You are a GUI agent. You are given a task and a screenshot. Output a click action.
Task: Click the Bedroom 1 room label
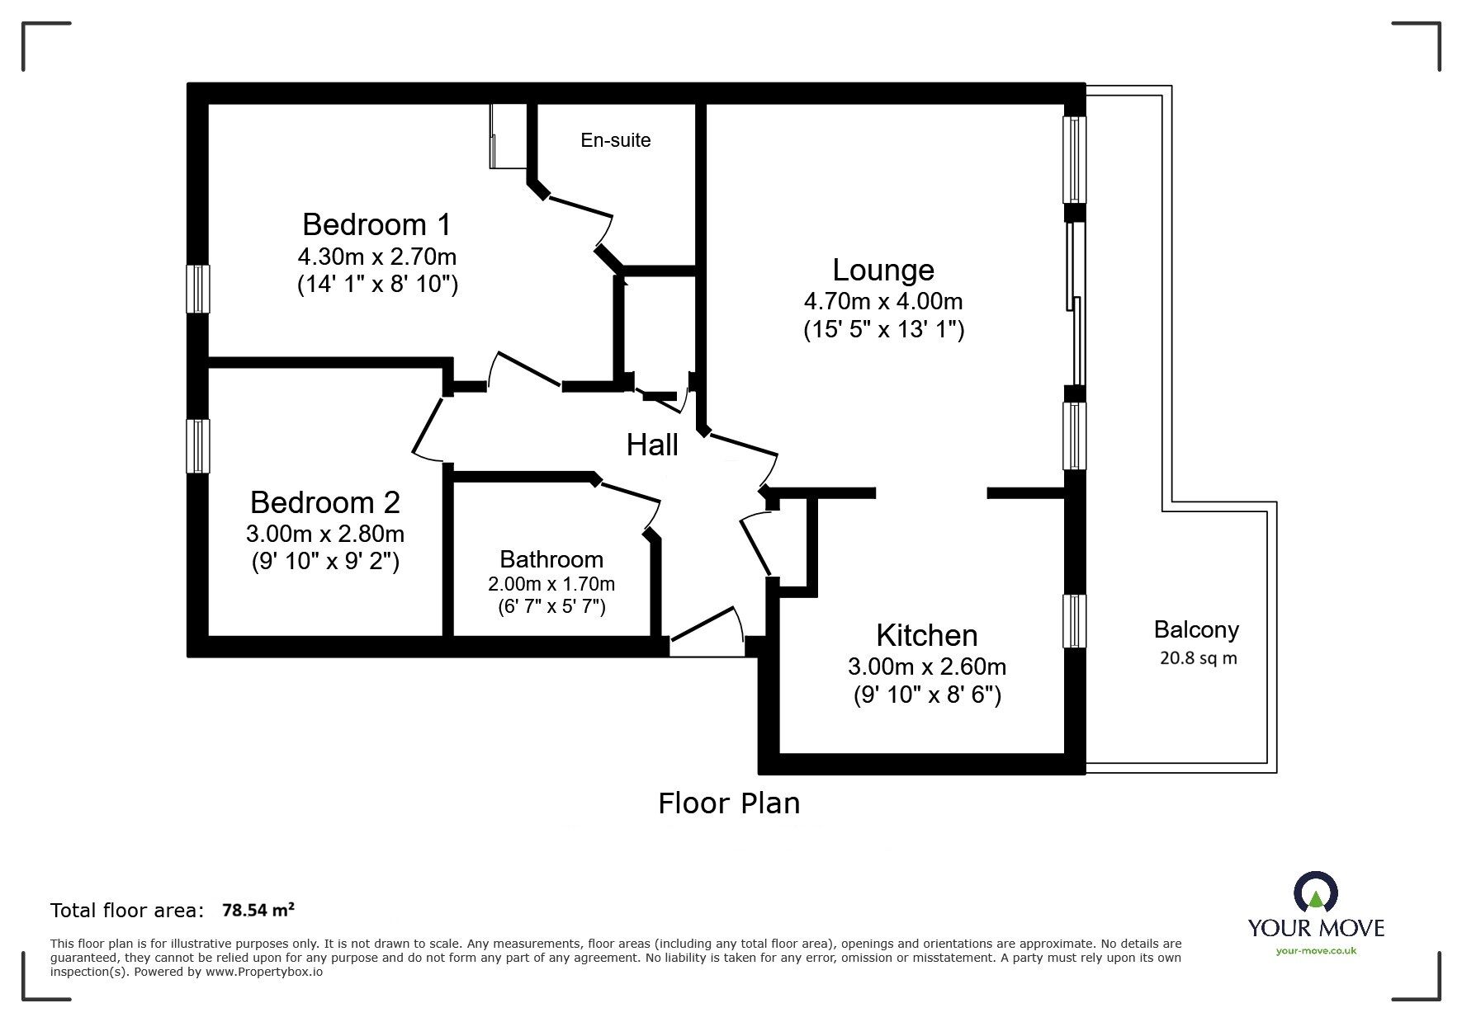point(376,224)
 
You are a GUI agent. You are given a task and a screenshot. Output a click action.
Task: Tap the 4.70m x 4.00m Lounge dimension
point(883,301)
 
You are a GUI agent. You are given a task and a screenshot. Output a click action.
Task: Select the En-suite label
point(615,140)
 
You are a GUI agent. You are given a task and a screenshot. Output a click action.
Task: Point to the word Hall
point(652,445)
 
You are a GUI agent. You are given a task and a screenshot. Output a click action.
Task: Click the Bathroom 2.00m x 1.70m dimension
point(551,584)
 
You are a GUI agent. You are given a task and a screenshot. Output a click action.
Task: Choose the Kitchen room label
point(926,635)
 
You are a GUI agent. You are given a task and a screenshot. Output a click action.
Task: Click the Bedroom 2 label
point(324,502)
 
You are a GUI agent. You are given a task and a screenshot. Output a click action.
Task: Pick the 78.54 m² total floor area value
point(258,911)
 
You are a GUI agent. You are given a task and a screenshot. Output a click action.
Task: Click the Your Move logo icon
point(1315,894)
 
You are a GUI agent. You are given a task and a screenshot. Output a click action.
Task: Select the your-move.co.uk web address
point(1316,951)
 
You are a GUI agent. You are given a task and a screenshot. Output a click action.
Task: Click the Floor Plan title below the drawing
point(728,803)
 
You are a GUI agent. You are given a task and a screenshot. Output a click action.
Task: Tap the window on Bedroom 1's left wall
point(197,289)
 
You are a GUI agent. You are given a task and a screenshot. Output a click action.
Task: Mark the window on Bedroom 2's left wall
point(197,445)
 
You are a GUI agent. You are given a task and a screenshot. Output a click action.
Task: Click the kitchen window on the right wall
point(1074,620)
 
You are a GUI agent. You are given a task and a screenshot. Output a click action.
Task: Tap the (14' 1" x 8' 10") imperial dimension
point(376,285)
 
